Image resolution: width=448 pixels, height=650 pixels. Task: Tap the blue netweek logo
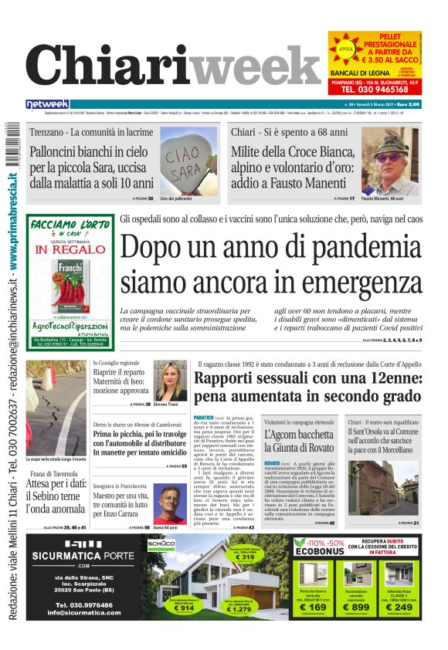tap(47, 104)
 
